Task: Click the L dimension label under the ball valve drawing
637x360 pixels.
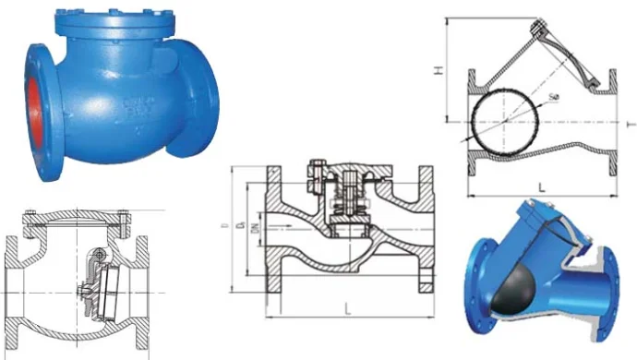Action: coord(542,187)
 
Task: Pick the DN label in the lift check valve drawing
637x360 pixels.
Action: coord(254,231)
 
